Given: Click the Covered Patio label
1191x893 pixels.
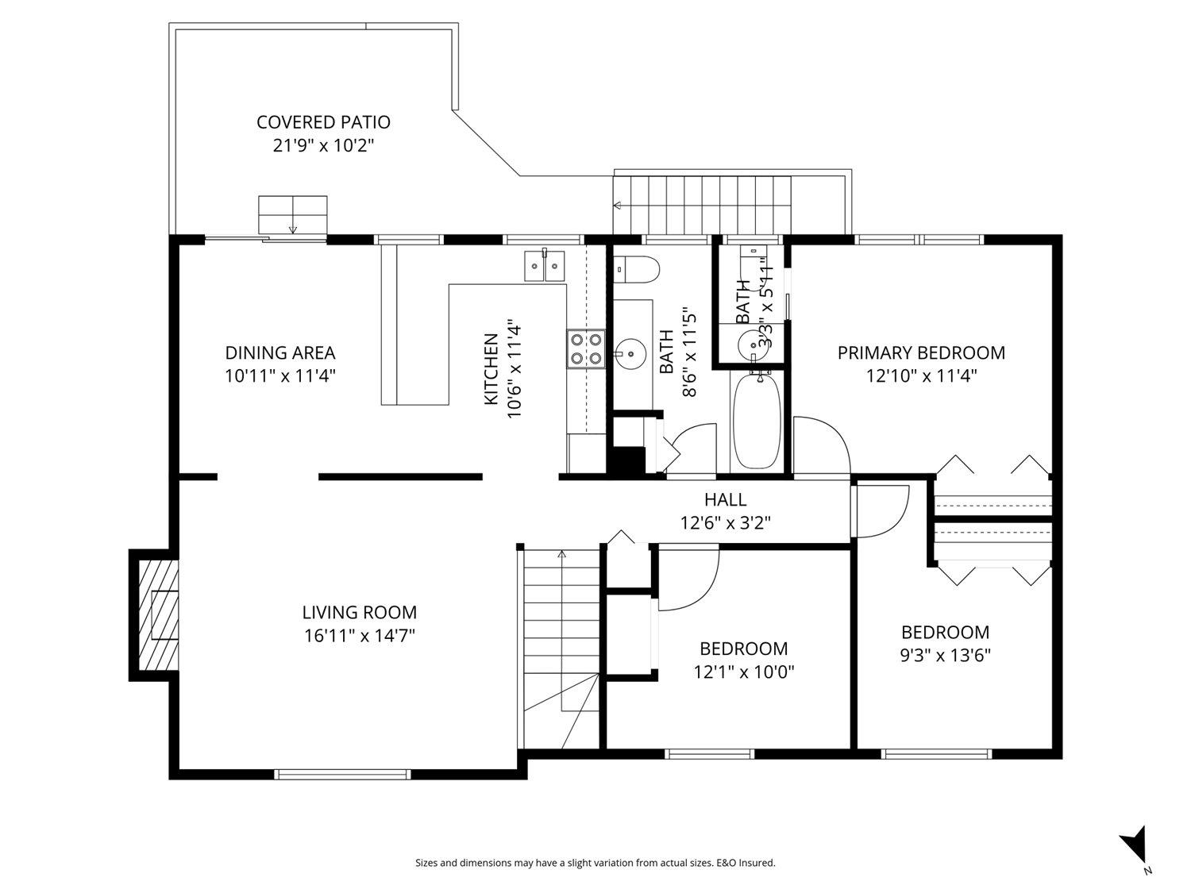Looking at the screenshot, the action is click(x=323, y=122).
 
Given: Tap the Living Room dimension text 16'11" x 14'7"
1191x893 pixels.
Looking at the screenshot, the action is click(x=359, y=636).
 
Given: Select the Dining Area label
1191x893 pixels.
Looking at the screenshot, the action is click(x=280, y=353).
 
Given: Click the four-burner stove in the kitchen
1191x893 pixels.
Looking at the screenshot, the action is click(x=586, y=349).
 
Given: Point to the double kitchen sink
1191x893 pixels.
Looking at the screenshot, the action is click(x=544, y=266).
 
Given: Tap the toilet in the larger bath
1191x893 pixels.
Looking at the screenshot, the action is click(x=637, y=269).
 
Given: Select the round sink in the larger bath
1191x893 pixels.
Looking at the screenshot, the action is click(x=630, y=353).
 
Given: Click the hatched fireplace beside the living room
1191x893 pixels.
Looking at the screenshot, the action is click(x=159, y=615).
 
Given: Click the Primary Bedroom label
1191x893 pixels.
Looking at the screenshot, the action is click(x=921, y=353).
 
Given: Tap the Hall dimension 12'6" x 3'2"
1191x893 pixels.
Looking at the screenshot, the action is click(x=726, y=522).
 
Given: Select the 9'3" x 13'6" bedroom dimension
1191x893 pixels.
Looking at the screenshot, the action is click(x=945, y=656).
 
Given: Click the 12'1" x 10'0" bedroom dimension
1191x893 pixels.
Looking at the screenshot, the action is click(x=744, y=672).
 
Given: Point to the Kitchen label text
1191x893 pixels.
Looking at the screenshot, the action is click(x=491, y=369).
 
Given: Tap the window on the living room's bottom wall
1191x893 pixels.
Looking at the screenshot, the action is click(x=342, y=774).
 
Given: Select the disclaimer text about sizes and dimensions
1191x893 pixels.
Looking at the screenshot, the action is click(x=595, y=863).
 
